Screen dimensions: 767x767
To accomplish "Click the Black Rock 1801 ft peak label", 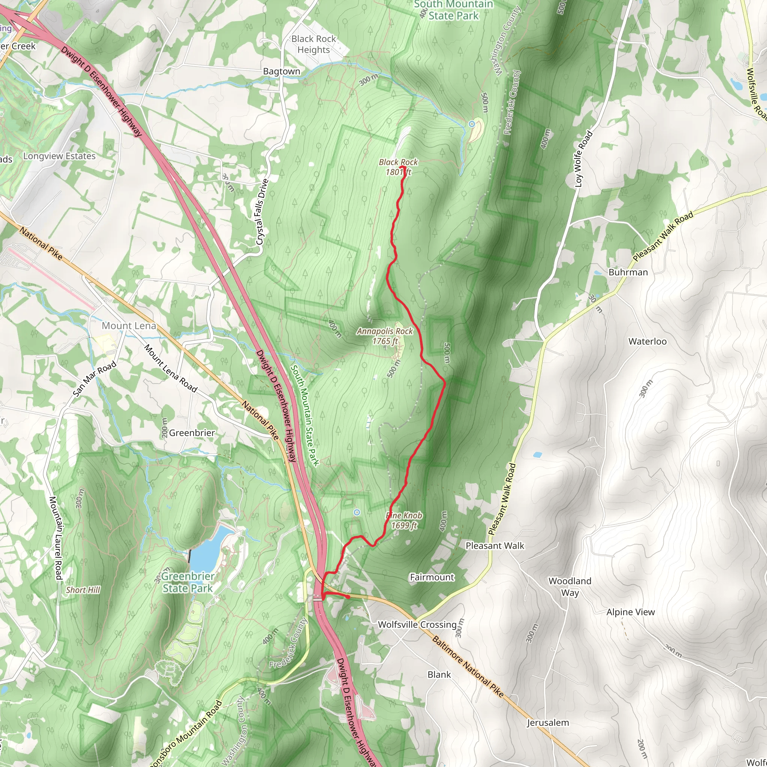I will pos(398,167).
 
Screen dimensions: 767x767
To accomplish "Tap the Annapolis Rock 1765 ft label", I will pos(385,336).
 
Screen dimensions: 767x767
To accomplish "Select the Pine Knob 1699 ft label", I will pos(404,520).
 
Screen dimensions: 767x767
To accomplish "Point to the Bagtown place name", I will pos(282,72).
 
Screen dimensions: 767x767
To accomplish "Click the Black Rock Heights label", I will pos(313,44).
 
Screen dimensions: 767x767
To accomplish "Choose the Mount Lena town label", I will pos(129,326).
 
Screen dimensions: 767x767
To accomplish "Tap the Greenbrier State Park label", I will pos(188,582).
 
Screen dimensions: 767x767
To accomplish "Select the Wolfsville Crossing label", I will pos(417,624).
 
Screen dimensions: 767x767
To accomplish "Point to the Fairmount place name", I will pos(432,577).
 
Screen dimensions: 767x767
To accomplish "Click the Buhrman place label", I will pos(628,272).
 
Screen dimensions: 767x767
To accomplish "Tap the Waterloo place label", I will pos(648,342).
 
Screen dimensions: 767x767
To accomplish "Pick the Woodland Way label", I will pos(570,587).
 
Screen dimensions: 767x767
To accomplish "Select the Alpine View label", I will pos(630,612).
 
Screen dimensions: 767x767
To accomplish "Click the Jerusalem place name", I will pos(548,722).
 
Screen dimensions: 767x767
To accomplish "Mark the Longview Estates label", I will pos(60,156).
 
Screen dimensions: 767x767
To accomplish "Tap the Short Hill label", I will pos(83,590).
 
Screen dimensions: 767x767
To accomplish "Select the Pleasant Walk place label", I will pos(495,546).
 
